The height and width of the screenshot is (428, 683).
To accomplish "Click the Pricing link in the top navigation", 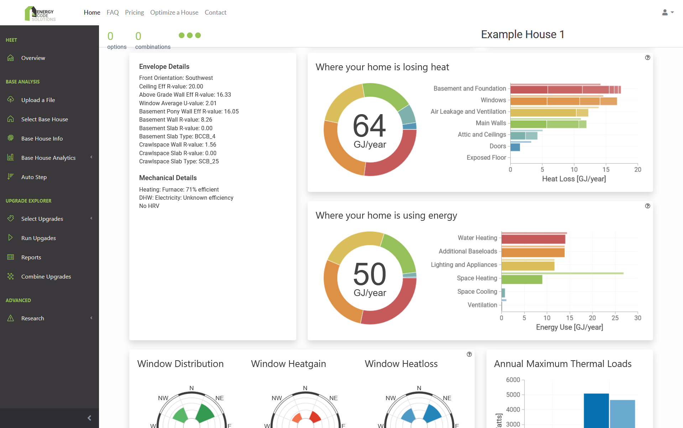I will (x=134, y=12).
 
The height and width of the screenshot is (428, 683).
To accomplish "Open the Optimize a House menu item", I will (x=174, y=12).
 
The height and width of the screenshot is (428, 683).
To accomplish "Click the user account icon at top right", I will (x=665, y=12).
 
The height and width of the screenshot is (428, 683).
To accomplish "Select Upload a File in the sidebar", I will (x=38, y=100).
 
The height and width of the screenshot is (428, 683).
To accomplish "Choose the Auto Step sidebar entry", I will (x=34, y=177).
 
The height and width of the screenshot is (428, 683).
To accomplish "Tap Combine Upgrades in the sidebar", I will (x=46, y=277).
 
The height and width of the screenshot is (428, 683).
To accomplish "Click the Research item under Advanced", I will (x=32, y=319).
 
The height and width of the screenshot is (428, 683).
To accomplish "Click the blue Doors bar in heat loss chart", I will (x=515, y=147).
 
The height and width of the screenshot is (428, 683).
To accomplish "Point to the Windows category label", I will (x=493, y=100).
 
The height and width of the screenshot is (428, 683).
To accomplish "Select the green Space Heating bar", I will (x=522, y=279).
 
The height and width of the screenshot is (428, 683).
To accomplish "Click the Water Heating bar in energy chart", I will (x=533, y=239).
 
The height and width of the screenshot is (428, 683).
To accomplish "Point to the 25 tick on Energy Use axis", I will (x=615, y=318).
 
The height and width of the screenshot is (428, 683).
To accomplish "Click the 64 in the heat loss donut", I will (x=369, y=126).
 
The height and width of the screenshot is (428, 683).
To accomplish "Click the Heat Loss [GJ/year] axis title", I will (x=574, y=179).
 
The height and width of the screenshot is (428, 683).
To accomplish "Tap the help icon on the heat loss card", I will (x=647, y=58).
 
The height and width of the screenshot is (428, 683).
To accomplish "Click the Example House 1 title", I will (x=522, y=35).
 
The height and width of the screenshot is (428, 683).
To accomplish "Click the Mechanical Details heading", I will (x=168, y=178).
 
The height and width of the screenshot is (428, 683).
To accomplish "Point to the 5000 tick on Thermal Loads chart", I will (x=513, y=395).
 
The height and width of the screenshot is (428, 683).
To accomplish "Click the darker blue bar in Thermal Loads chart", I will (x=596, y=410).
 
